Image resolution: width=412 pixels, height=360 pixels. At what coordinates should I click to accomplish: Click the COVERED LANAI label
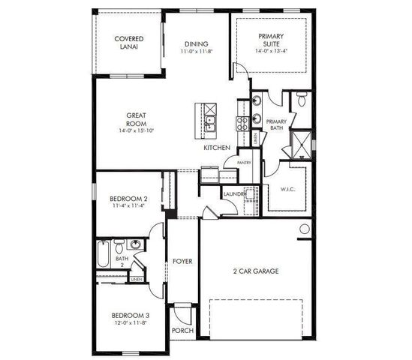(128, 42)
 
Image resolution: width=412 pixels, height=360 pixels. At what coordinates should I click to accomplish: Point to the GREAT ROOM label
(135, 119)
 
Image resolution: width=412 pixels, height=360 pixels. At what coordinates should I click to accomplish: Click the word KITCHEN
(217, 148)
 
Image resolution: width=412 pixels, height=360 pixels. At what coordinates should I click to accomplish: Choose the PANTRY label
(243, 163)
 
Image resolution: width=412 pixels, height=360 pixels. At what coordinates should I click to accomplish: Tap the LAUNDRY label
(234, 196)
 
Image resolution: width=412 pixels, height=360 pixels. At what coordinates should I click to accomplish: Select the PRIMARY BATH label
(276, 124)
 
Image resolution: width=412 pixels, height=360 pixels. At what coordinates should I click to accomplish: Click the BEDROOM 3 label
(129, 316)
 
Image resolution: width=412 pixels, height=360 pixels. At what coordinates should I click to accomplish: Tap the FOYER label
(182, 262)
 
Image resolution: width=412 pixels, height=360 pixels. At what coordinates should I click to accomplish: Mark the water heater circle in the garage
(305, 229)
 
